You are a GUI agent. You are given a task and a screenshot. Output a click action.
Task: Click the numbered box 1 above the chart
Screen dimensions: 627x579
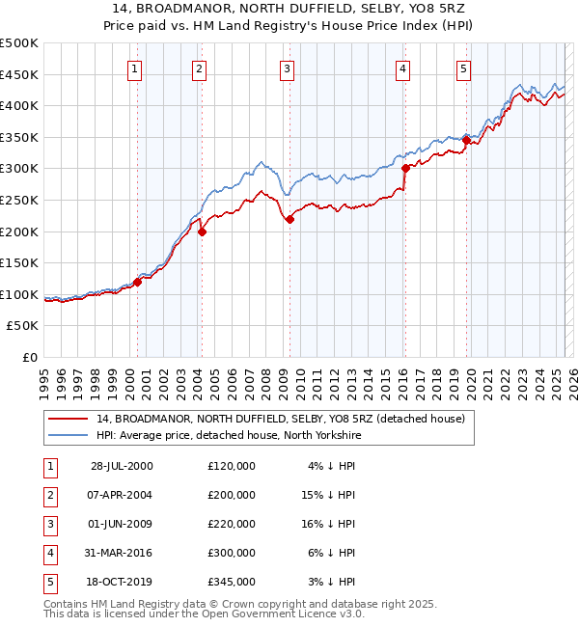(134, 68)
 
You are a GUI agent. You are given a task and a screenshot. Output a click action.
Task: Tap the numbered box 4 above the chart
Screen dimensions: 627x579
(401, 68)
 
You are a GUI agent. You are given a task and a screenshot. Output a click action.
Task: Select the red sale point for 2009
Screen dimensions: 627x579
(289, 219)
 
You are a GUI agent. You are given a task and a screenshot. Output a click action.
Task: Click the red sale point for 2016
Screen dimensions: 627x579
(405, 168)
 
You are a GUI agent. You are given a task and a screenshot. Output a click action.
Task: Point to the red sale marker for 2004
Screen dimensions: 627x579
(202, 232)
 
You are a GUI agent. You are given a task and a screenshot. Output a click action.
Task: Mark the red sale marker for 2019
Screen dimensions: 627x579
(466, 140)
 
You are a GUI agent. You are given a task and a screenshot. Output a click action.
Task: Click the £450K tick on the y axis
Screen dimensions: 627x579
(19, 74)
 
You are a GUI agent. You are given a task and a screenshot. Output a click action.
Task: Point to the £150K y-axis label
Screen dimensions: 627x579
(19, 262)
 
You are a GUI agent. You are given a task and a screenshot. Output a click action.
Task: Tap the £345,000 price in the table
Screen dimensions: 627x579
(232, 582)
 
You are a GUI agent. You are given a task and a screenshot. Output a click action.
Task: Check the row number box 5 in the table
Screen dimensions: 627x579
(48, 582)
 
